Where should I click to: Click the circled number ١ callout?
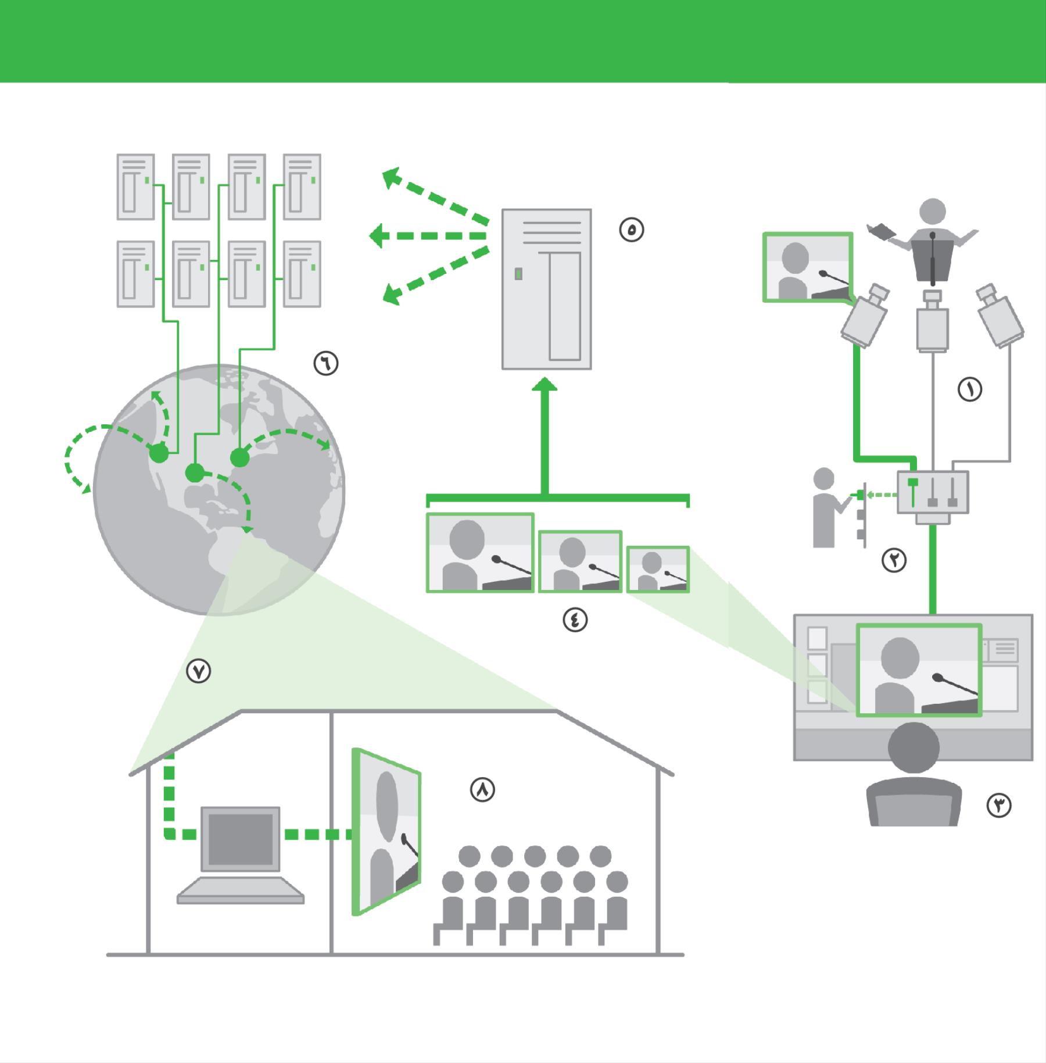click(x=970, y=389)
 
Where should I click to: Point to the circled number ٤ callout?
click(x=575, y=620)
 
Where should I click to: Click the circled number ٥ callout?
click(x=632, y=230)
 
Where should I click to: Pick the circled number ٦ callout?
click(x=326, y=363)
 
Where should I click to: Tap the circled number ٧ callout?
click(x=198, y=671)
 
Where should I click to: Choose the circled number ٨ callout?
click(x=482, y=790)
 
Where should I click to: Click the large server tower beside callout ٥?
click(x=546, y=289)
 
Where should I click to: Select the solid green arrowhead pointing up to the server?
click(x=545, y=385)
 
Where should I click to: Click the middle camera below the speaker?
click(x=933, y=323)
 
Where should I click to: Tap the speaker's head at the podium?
click(x=932, y=212)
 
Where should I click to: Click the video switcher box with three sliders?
click(x=933, y=492)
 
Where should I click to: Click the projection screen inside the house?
click(x=386, y=831)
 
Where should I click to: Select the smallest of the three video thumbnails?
click(x=658, y=570)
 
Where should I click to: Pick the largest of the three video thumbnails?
click(x=480, y=553)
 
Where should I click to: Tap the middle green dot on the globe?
click(x=195, y=473)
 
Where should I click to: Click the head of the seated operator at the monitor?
click(x=914, y=747)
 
